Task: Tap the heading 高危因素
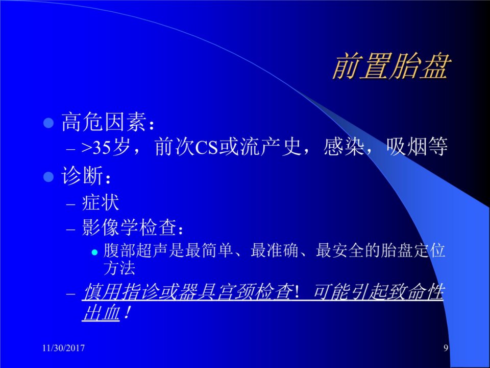(x=104, y=122)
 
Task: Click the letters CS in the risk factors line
(x=206, y=147)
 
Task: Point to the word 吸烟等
(x=417, y=147)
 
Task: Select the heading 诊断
(x=82, y=176)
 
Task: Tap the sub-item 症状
(x=101, y=203)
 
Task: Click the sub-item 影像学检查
(x=129, y=227)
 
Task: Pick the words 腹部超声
(x=136, y=251)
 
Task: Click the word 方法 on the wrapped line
(x=119, y=268)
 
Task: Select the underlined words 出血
(x=101, y=312)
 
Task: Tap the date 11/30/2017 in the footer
(x=63, y=348)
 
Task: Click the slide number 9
(x=446, y=348)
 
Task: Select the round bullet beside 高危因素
(x=49, y=123)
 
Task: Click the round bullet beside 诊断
(x=49, y=177)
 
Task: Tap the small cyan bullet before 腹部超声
(x=95, y=252)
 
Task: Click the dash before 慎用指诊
(x=71, y=294)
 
